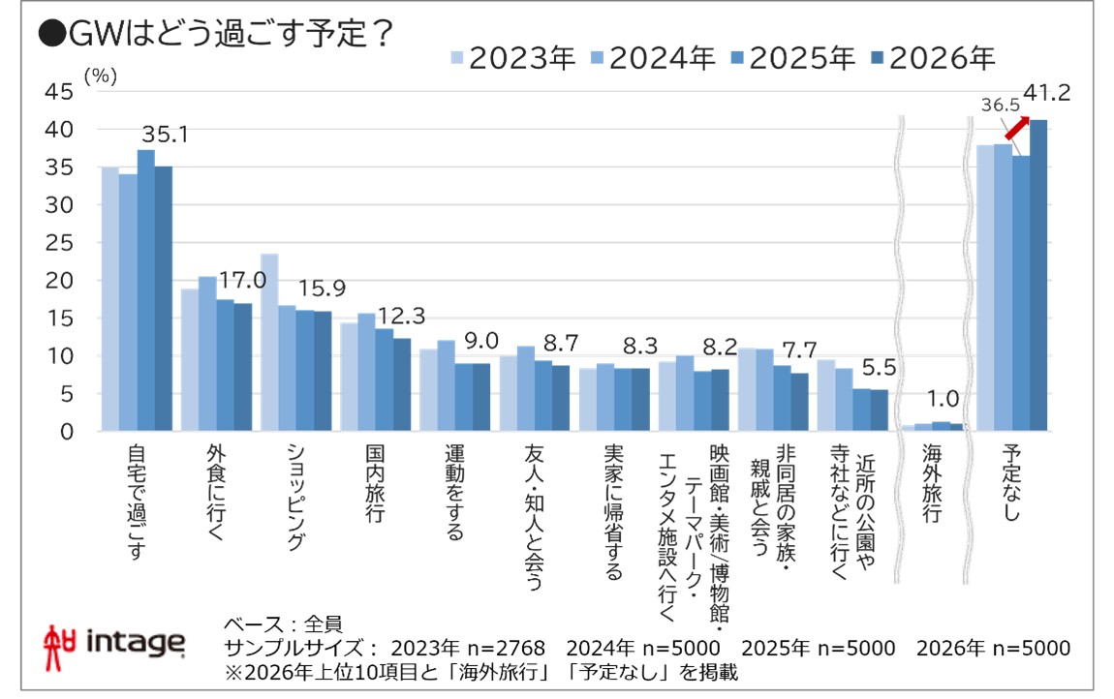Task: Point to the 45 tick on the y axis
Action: [x=59, y=92]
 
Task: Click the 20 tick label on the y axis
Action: [x=59, y=281]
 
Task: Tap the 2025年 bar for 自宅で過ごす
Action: [x=145, y=290]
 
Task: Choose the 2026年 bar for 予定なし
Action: [x=1038, y=276]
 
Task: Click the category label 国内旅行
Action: [x=375, y=484]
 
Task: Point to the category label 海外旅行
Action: [x=931, y=484]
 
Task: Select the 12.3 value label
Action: [x=398, y=316]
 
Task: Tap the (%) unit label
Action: [x=99, y=77]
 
